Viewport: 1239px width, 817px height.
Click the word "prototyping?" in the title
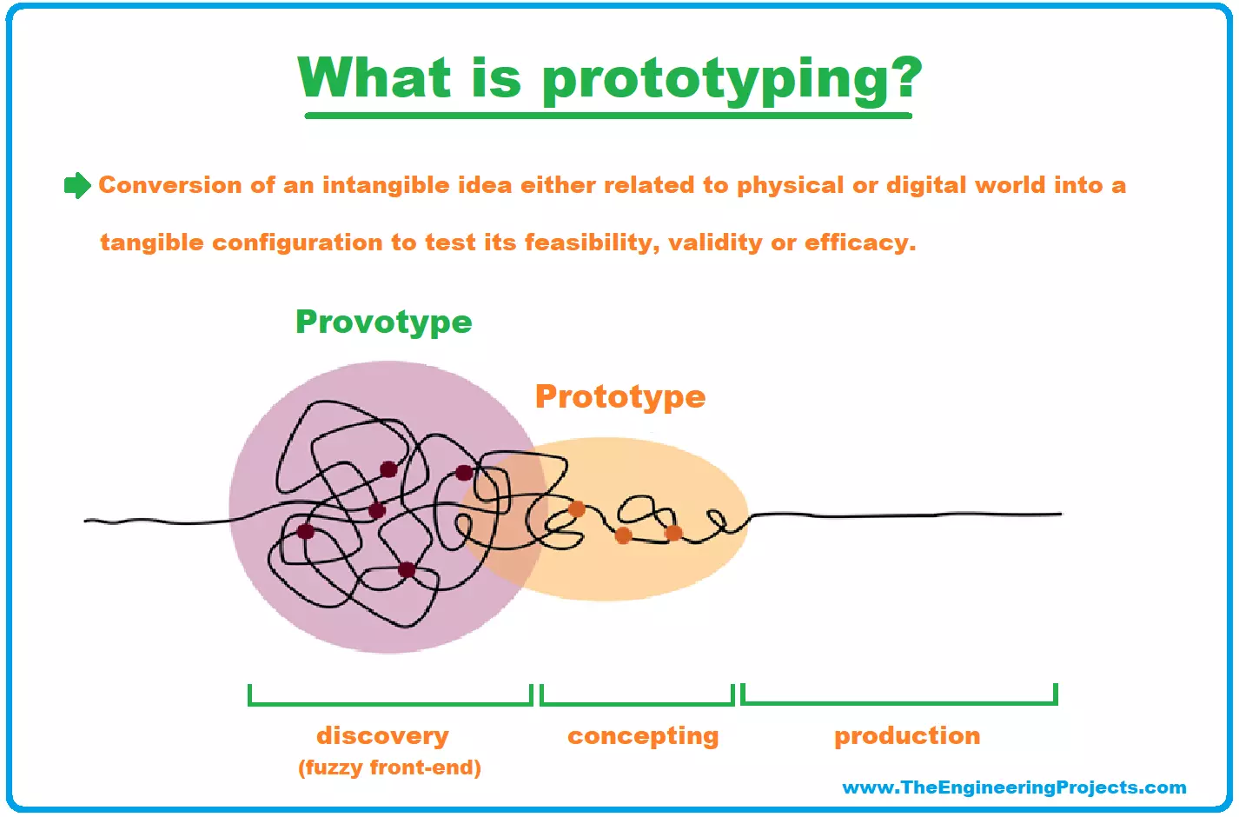coord(731,80)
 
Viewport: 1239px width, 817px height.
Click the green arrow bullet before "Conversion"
coord(77,185)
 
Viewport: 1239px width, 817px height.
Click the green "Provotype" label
coord(383,322)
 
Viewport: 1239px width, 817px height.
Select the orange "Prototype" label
coord(619,396)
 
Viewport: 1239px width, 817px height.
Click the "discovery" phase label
coord(382,735)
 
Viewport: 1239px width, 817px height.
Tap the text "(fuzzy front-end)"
coord(389,767)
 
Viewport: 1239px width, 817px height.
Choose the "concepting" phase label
coord(643,735)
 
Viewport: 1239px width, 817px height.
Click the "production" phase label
coord(906,735)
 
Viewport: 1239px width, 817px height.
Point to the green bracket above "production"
coord(898,701)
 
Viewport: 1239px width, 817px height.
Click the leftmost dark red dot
coord(306,531)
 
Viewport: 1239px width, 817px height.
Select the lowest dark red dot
coord(407,570)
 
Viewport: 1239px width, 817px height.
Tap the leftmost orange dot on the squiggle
coord(576,508)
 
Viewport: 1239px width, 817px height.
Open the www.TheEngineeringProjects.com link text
coord(1014,787)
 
